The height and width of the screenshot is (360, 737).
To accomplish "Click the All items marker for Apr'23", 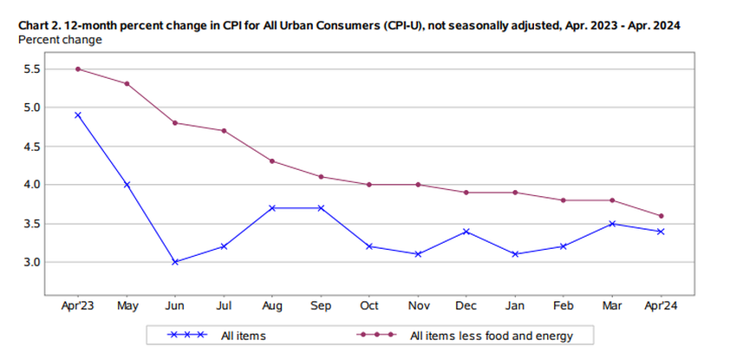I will coord(78,115).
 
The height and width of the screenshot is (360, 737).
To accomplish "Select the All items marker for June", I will coord(175,261).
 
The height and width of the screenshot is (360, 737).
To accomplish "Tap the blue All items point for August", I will coord(272,207).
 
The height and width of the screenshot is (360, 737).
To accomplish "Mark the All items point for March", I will coord(613,223).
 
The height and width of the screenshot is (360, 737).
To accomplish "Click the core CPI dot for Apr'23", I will coord(78,69).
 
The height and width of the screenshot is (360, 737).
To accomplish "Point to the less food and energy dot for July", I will coord(224,130).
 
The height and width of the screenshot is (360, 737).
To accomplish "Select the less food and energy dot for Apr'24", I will coord(662,216).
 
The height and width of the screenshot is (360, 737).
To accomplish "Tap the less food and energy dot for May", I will coord(127,84).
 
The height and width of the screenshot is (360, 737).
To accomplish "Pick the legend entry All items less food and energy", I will coord(491,335).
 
